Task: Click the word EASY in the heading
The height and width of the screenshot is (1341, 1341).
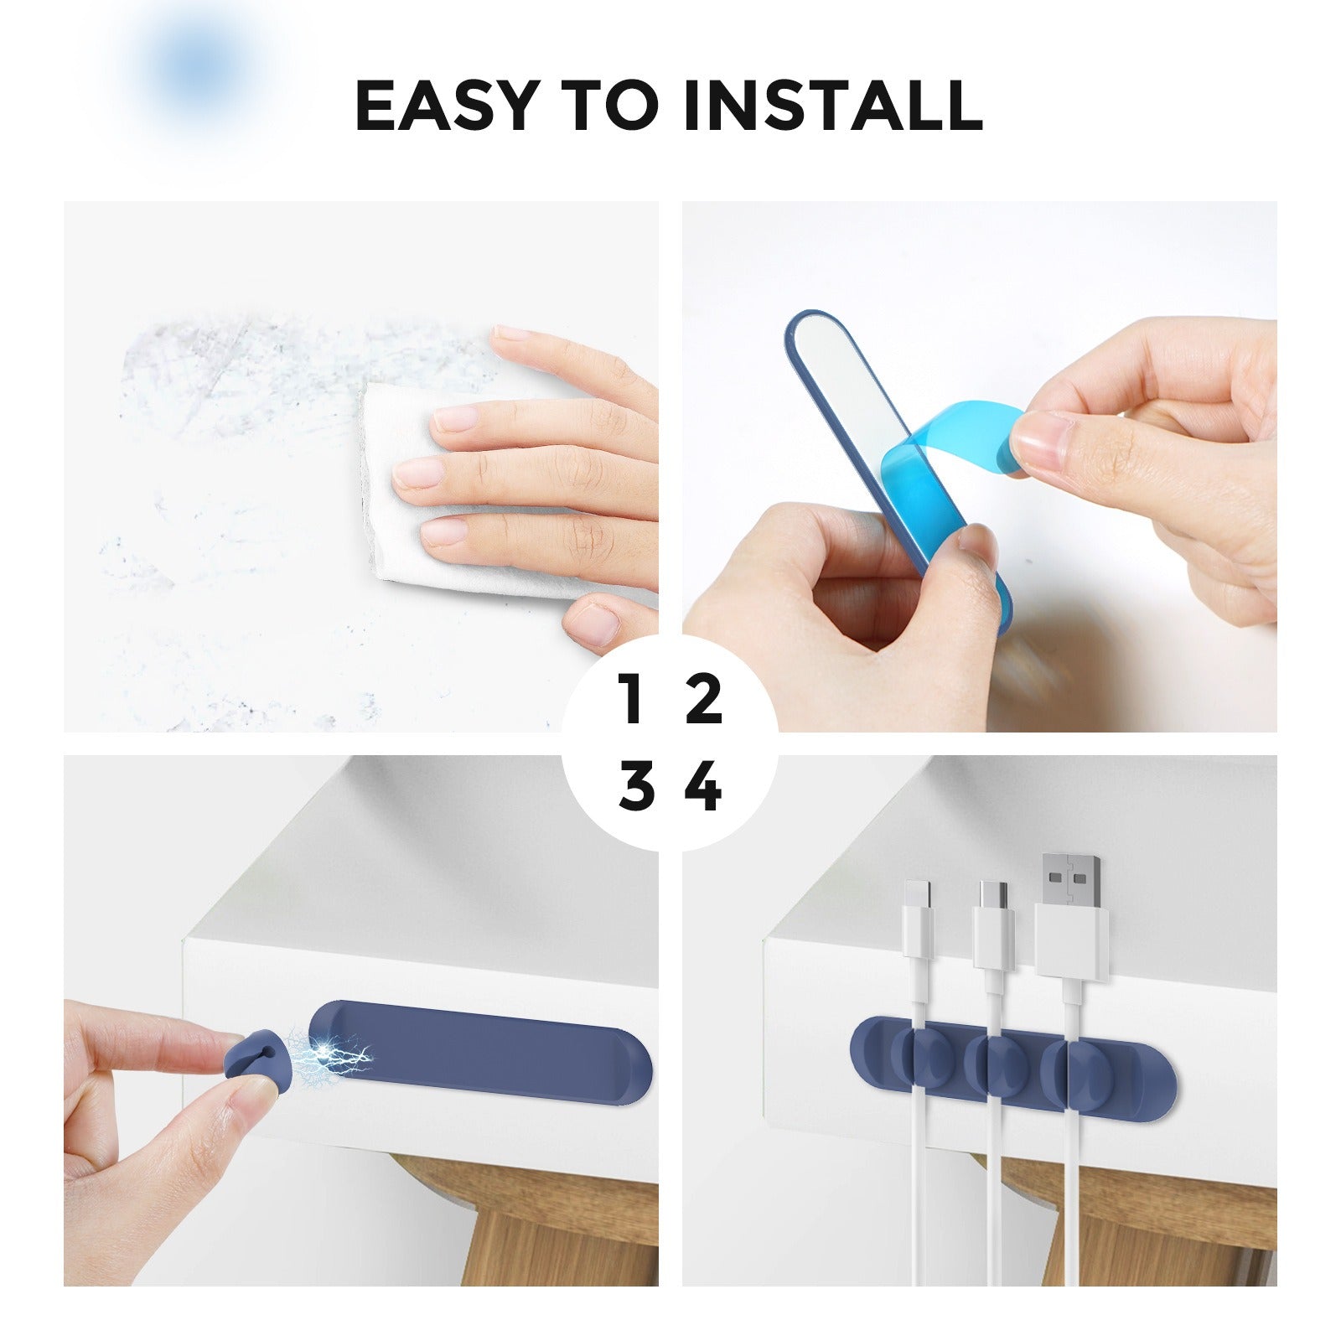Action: point(445,106)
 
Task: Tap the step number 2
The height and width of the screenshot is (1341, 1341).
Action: point(704,700)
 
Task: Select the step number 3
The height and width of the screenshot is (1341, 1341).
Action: point(636,786)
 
